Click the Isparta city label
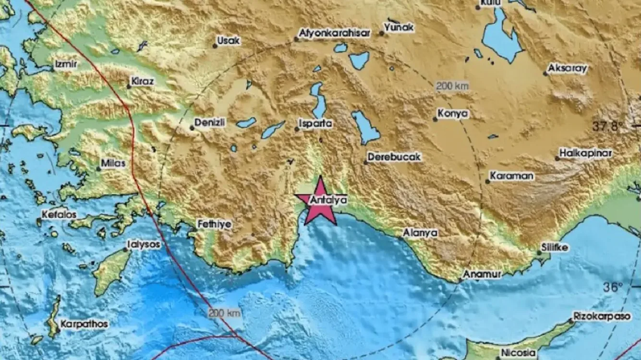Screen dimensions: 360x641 (315, 123)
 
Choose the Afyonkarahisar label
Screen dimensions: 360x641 (335, 34)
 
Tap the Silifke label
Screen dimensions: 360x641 (555, 248)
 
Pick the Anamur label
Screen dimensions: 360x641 (483, 274)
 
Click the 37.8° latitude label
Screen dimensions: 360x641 (607, 127)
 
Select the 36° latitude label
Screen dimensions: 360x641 (613, 287)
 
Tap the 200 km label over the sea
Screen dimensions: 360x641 (224, 313)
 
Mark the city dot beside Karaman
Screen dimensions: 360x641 (488, 181)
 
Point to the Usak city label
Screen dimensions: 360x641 (229, 41)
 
